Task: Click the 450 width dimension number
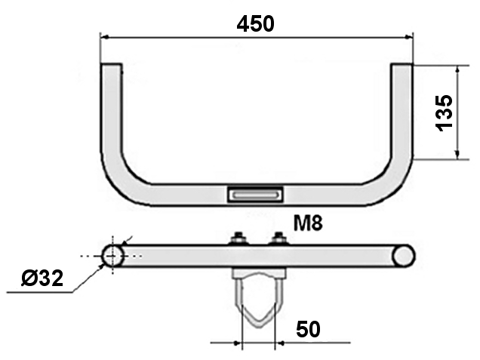[256, 24]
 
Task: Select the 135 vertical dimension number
[444, 113]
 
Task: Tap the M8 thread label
[308, 223]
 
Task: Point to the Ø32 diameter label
[42, 278]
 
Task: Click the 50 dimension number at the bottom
[308, 329]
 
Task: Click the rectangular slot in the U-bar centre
[255, 195]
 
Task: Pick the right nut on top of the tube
[278, 238]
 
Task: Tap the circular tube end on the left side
[112, 256]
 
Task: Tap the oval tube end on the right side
[404, 256]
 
